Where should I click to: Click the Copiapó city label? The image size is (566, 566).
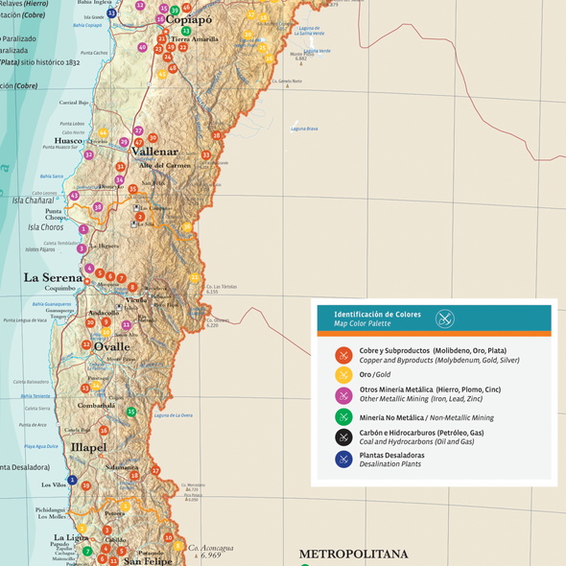[x=188, y=19]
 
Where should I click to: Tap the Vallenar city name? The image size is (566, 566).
[x=155, y=152]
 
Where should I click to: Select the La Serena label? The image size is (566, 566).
[x=54, y=278]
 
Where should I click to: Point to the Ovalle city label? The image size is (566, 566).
[x=111, y=346]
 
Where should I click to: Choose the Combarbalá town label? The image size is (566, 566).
[x=97, y=406]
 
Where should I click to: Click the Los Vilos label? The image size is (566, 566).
[x=54, y=485]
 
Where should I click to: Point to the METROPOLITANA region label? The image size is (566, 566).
[x=353, y=554]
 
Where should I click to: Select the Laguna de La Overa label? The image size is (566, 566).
[x=174, y=415]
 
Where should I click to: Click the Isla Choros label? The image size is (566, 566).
[x=46, y=227]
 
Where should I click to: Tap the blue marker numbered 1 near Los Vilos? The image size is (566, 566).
[x=71, y=480]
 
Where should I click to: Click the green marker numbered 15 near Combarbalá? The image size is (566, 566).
[x=131, y=412]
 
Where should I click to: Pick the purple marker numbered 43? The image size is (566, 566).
[x=74, y=196]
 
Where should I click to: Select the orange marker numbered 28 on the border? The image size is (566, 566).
[x=217, y=135]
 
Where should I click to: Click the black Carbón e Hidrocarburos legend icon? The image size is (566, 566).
[x=343, y=436]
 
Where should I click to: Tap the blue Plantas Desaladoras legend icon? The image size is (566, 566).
[x=343, y=459]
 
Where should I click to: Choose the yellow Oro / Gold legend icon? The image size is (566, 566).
[x=343, y=374]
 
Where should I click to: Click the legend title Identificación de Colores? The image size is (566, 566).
[x=377, y=315]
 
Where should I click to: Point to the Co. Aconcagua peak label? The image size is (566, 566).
[x=210, y=548]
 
